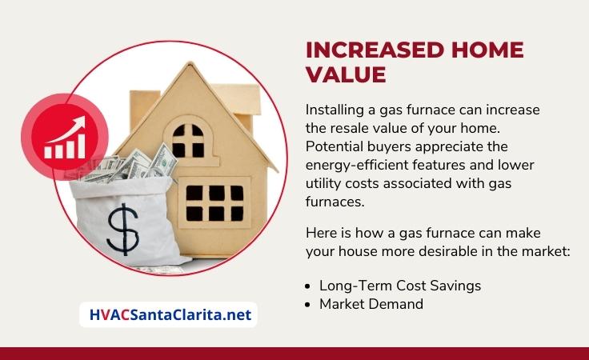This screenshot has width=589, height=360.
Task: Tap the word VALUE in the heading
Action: pos(346,74)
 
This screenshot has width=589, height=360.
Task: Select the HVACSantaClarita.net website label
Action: pos(170,314)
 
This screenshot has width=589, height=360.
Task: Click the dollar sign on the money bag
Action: pos(122,230)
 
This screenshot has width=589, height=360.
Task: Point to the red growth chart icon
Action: pos(65,137)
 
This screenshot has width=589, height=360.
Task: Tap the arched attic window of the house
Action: pos(188,140)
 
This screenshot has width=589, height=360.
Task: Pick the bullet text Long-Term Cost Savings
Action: pos(400,286)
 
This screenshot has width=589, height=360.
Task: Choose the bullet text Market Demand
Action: pos(371,304)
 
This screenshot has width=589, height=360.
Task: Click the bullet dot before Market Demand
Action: pos(308,305)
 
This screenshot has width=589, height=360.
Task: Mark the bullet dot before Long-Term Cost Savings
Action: pos(308,286)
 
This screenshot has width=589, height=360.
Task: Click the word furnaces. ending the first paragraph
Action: pos(335,202)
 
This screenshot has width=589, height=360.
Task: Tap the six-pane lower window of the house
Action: pos(214,203)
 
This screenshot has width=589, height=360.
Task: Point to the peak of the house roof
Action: pos(191,62)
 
